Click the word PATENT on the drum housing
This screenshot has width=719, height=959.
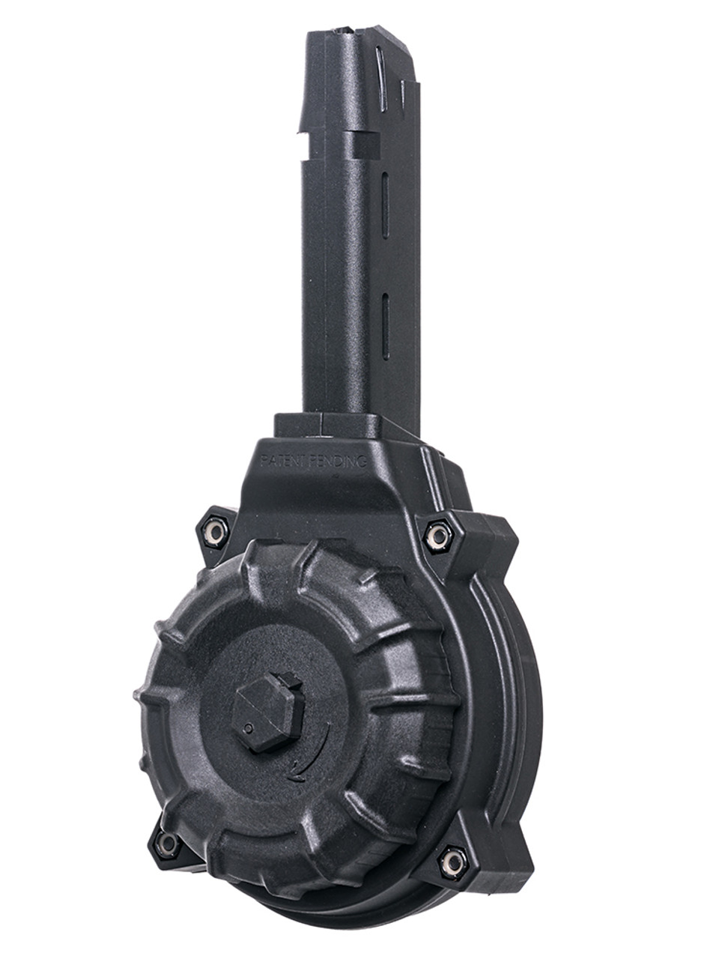click(x=284, y=461)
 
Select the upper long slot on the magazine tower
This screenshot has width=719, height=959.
click(x=385, y=205)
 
